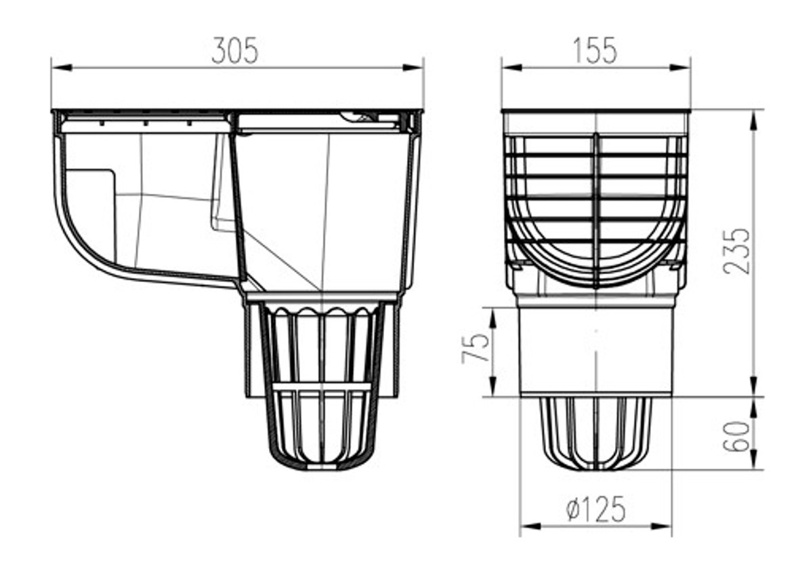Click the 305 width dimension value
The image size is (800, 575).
click(235, 51)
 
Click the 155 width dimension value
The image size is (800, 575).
click(595, 51)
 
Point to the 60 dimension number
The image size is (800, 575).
click(737, 435)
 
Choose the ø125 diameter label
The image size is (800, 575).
click(595, 509)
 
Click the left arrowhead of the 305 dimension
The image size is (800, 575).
click(61, 67)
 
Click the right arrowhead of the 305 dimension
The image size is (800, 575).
click(413, 67)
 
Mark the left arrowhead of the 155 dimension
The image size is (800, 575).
click(512, 67)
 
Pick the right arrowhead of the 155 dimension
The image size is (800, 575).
click(680, 67)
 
